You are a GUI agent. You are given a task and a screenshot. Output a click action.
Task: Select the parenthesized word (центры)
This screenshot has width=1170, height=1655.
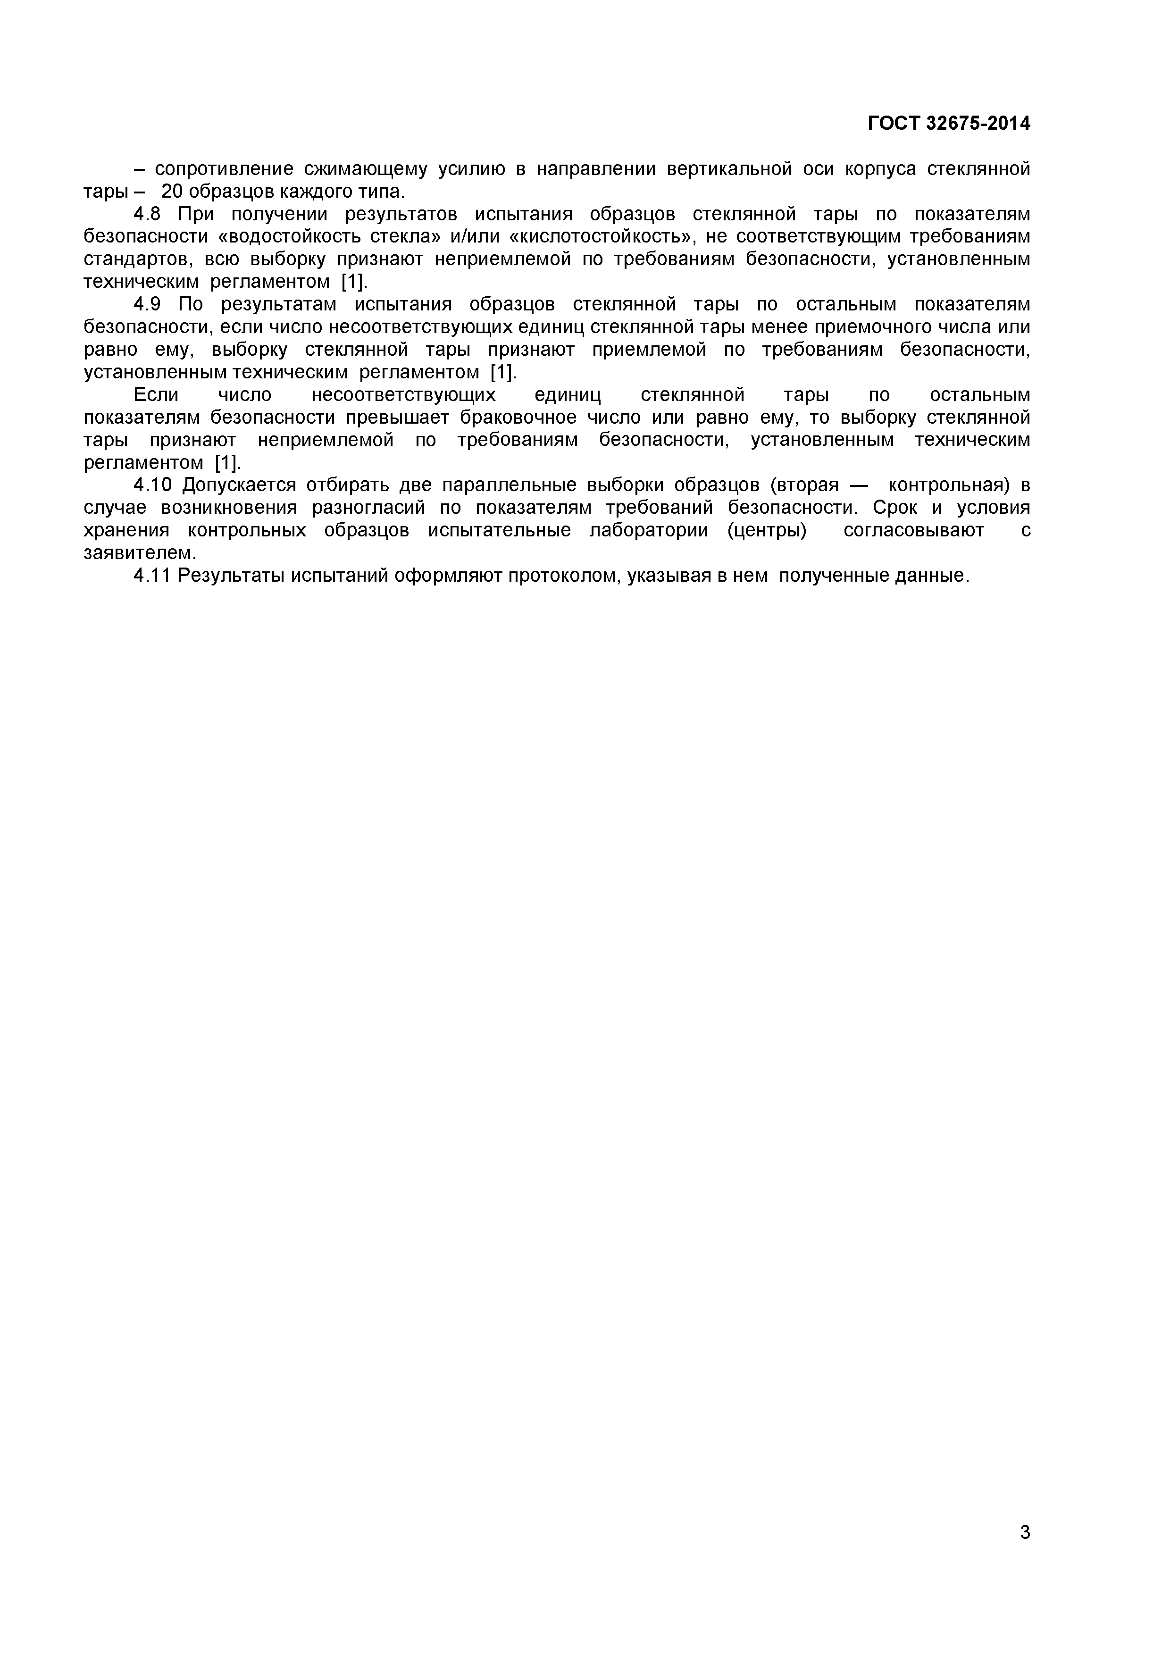click(767, 531)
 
